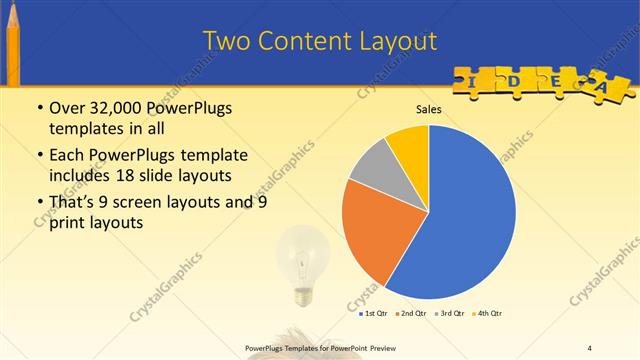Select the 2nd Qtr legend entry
(x=412, y=313)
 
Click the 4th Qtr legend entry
(x=488, y=313)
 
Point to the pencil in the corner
(x=13, y=45)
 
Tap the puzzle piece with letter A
(x=603, y=88)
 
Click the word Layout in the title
(x=392, y=41)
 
